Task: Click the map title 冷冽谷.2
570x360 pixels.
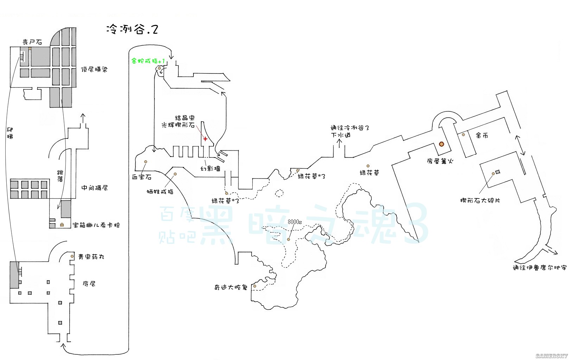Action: [132, 30]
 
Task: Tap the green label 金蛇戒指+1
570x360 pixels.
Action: [148, 61]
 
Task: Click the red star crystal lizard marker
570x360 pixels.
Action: [205, 139]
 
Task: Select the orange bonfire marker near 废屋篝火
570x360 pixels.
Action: [441, 144]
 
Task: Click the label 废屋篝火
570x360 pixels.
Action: [440, 161]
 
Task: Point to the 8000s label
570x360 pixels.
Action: [294, 222]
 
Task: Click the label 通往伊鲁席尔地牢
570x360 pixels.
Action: [539, 268]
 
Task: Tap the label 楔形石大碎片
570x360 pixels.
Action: [480, 200]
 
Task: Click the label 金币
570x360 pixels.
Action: [482, 135]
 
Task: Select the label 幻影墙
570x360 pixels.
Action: [210, 169]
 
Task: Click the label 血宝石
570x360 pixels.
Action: [141, 177]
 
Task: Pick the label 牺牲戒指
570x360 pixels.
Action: [160, 192]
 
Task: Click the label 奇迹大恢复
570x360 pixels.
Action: [231, 287]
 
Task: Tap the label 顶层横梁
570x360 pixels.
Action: [94, 70]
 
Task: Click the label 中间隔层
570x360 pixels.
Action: [94, 188]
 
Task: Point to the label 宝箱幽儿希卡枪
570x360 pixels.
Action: [96, 225]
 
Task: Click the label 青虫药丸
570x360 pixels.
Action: [91, 257]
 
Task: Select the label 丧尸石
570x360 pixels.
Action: [32, 42]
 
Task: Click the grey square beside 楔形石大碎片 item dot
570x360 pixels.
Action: [498, 172]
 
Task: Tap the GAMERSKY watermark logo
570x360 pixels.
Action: [551, 356]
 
